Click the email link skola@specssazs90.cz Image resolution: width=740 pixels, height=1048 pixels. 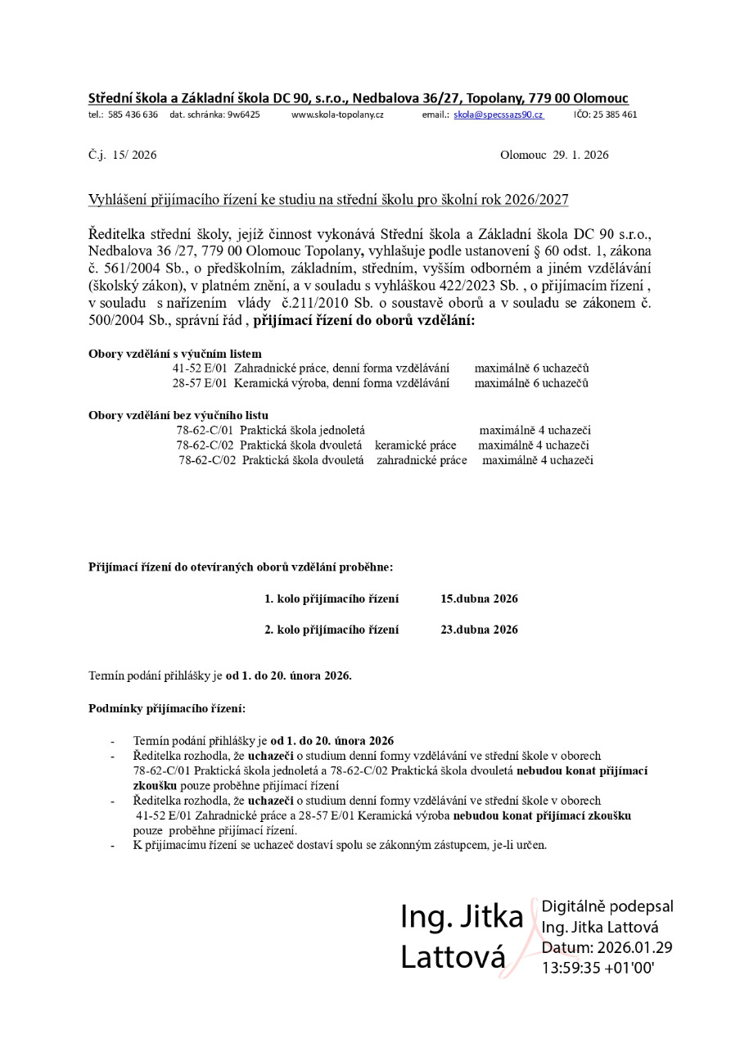[499, 115]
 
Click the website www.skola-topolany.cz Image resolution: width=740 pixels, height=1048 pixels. [337, 115]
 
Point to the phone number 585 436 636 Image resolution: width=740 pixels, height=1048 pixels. [133, 115]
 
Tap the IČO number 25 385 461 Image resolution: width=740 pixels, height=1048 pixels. [611, 115]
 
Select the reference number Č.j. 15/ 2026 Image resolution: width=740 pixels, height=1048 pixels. [122, 155]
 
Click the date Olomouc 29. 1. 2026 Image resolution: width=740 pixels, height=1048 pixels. [553, 155]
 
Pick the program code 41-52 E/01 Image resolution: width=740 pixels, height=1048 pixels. [200, 368]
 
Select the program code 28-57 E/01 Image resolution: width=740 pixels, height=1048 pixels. [200, 382]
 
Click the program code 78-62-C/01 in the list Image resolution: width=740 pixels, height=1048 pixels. [205, 430]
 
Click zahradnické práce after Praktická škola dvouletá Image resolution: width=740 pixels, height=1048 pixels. [422, 460]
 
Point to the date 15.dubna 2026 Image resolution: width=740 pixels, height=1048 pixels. [479, 599]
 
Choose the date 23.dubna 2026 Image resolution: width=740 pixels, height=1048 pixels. [479, 630]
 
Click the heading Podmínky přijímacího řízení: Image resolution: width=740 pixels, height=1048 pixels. [166, 707]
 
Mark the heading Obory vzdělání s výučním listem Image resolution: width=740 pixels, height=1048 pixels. [175, 354]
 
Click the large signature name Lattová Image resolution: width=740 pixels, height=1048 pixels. [453, 957]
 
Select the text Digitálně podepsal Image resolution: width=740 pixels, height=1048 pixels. [607, 906]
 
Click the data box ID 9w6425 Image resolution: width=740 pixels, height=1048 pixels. [243, 115]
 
